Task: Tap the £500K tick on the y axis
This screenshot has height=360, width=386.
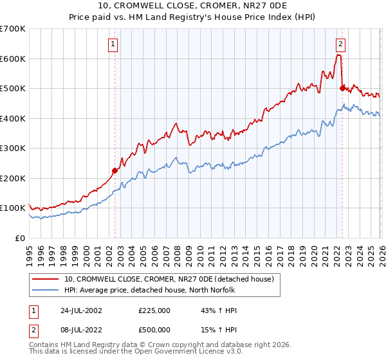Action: click(x=13, y=88)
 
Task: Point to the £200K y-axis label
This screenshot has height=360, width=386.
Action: click(x=13, y=178)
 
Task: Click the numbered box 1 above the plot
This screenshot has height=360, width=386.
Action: click(x=113, y=44)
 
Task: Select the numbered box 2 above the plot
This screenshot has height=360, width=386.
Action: click(x=340, y=44)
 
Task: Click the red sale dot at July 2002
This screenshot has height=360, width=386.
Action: click(x=115, y=170)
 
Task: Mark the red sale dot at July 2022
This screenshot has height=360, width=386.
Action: click(x=342, y=88)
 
